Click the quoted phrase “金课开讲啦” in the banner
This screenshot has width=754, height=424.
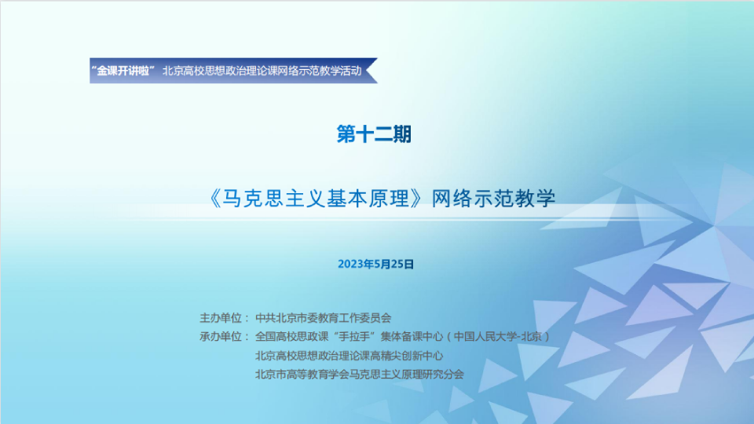pyautogui.click(x=123, y=71)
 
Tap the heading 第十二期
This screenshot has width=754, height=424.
pyautogui.click(x=374, y=134)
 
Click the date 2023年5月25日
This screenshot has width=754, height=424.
pyautogui.click(x=376, y=265)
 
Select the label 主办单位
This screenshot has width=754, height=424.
pyautogui.click(x=220, y=318)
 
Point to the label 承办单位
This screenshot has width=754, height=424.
pyautogui.click(x=220, y=337)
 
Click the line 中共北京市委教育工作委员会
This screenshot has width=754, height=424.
pyautogui.click(x=323, y=318)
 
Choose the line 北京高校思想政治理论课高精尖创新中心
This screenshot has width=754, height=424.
pyautogui.click(x=349, y=356)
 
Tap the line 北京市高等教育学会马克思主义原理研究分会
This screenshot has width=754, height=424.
pyautogui.click(x=360, y=374)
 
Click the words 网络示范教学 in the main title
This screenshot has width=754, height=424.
pyautogui.click(x=493, y=199)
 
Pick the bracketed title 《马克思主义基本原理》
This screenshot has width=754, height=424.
pyautogui.click(x=317, y=199)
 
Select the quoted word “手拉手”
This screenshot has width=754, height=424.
pyautogui.click(x=355, y=337)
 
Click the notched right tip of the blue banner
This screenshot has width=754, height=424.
pyautogui.click(x=367, y=71)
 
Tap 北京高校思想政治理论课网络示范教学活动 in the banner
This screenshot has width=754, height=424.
pyautogui.click(x=262, y=71)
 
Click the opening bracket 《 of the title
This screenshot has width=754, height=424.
pyautogui.click(x=215, y=199)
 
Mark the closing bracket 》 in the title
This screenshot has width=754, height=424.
pyautogui.click(x=418, y=199)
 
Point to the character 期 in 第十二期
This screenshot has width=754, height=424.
pyautogui.click(x=402, y=134)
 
